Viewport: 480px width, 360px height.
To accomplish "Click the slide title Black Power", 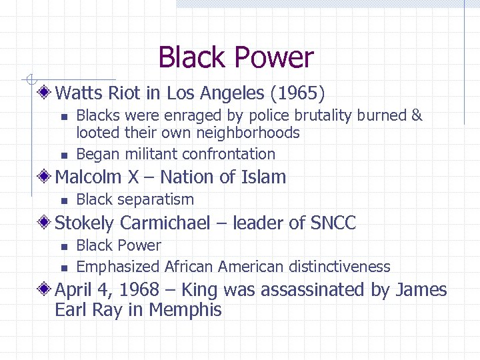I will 235,58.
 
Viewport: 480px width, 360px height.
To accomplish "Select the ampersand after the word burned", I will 417,115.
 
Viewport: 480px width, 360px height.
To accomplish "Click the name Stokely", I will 85,223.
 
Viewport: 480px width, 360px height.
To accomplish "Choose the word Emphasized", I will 118,267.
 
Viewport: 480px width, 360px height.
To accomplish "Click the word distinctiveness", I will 339,267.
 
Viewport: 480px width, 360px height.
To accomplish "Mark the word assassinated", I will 318,290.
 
